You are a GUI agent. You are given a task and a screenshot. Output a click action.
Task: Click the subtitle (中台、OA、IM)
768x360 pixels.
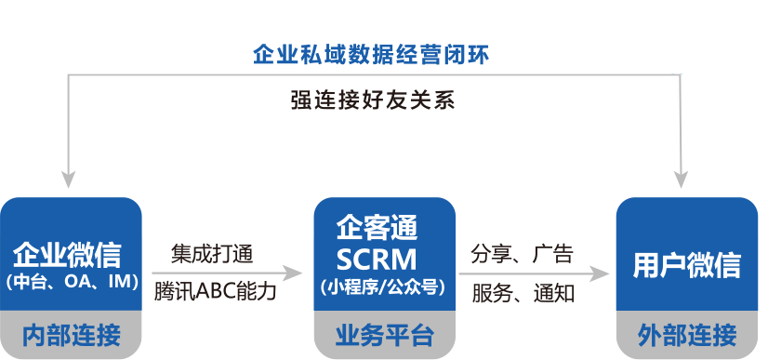point(71,282)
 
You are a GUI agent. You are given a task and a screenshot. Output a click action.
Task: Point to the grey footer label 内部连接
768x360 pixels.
point(71,335)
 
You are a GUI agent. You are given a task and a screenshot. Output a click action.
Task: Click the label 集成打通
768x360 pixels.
point(213,252)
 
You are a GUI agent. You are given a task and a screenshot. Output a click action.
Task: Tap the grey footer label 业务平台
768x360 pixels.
point(384,335)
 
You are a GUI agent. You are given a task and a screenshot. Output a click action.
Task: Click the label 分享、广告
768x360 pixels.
point(523,252)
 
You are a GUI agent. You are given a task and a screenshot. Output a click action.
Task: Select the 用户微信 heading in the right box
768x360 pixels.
point(687,266)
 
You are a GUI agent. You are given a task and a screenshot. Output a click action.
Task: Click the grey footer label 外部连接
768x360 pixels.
point(687,335)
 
